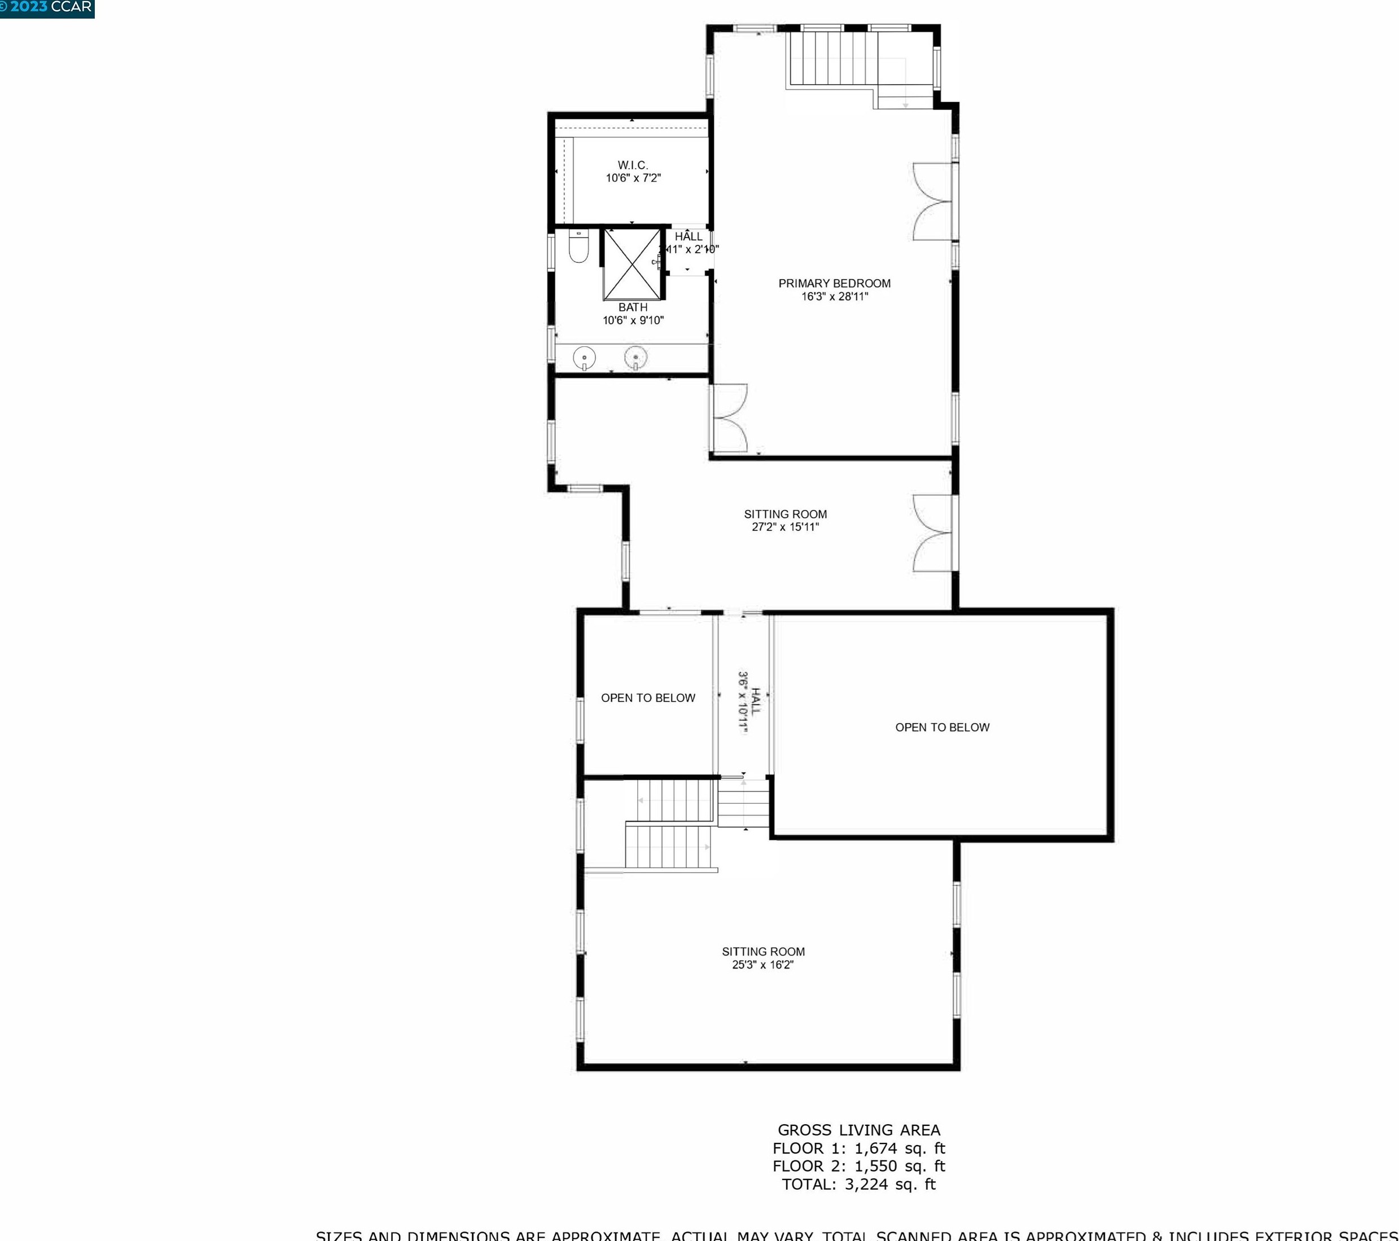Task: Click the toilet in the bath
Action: click(x=579, y=247)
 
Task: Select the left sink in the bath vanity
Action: click(x=584, y=358)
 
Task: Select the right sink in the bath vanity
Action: click(x=636, y=357)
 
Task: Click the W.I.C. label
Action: click(x=633, y=165)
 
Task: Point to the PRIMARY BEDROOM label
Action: click(x=834, y=283)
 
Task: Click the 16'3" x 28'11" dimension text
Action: click(x=834, y=297)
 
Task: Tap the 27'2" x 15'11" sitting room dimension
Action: click(x=785, y=527)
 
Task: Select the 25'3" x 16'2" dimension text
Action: click(x=762, y=965)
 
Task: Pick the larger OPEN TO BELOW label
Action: click(x=942, y=727)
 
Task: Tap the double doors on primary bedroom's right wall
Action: click(x=932, y=202)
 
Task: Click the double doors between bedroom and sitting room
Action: click(x=730, y=418)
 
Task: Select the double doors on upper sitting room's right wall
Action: click(x=932, y=533)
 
